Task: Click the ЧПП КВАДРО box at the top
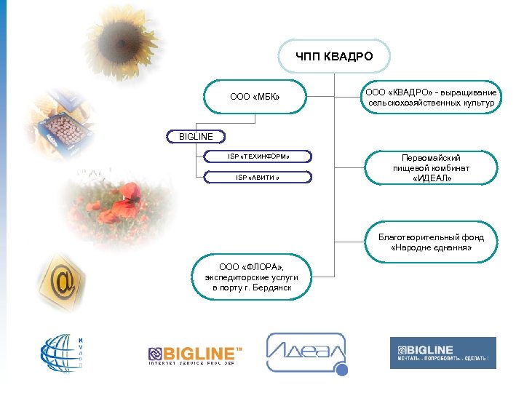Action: pos(334,56)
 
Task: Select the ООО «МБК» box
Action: pos(255,96)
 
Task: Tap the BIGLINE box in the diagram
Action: pos(196,136)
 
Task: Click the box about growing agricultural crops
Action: pos(431,98)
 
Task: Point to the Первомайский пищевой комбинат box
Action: pos(431,168)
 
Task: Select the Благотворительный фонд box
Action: pos(431,242)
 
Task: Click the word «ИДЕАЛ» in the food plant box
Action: pos(431,178)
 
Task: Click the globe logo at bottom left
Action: pos(63,356)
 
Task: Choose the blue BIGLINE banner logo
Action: pos(442,353)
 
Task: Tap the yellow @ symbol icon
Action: pos(66,279)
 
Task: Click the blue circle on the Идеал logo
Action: pos(341,370)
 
